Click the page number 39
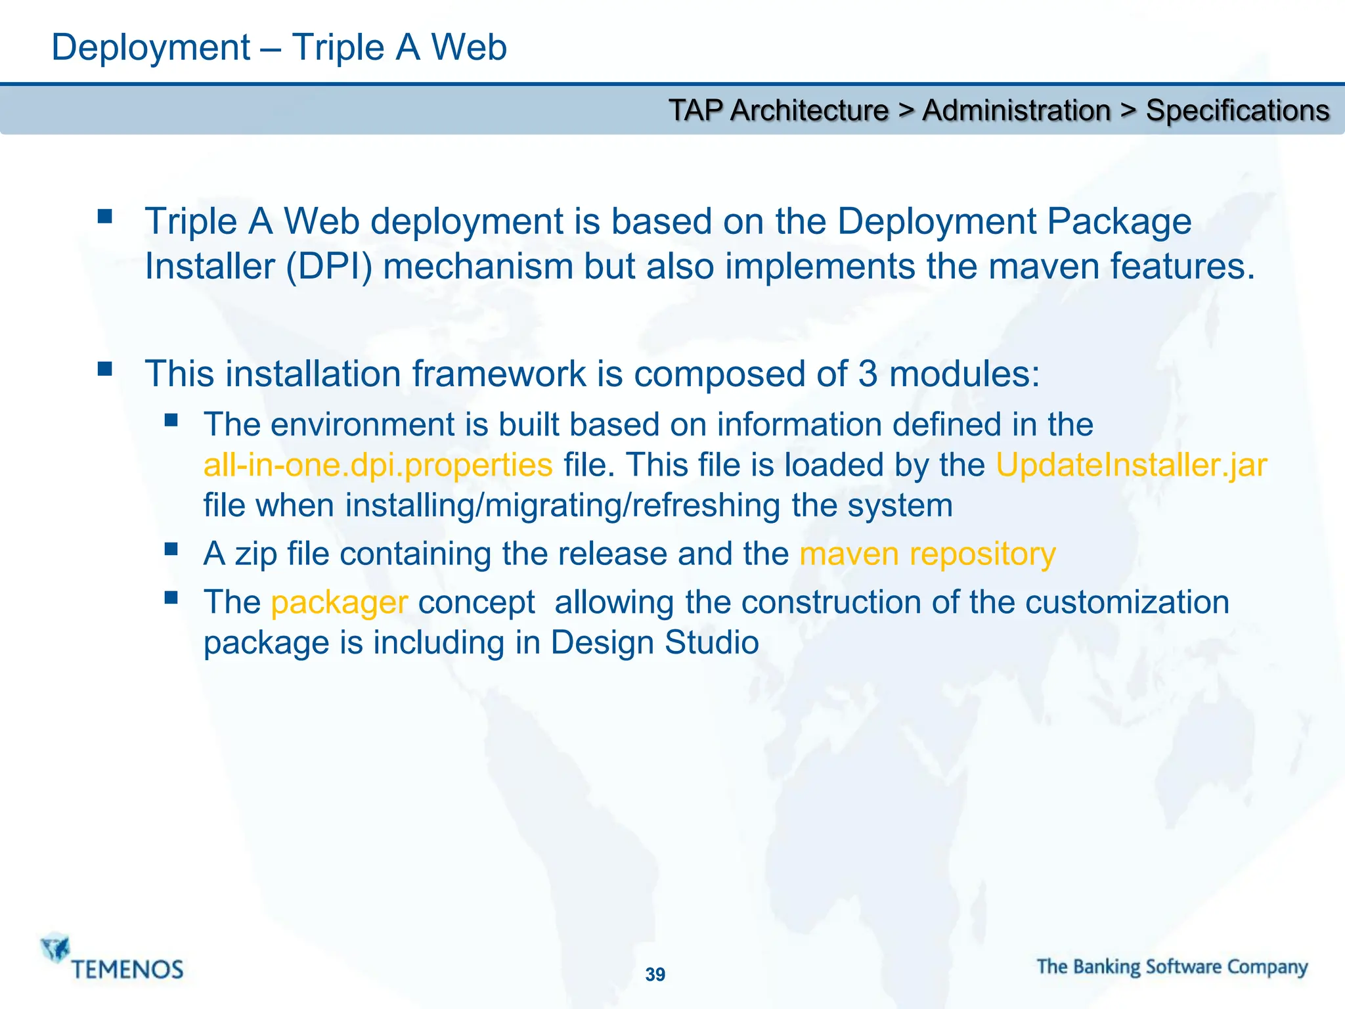tap(655, 974)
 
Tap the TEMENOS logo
tap(112, 958)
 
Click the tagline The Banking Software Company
tap(1172, 967)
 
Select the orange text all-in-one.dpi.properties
tap(378, 465)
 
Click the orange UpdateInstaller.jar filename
tap(1131, 465)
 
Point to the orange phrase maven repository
tap(927, 554)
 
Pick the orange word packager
tap(340, 602)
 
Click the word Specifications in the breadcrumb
tap(1237, 110)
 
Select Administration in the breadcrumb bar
tap(1016, 110)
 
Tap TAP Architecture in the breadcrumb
tap(778, 110)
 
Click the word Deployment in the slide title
tap(150, 48)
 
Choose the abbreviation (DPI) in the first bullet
tap(329, 267)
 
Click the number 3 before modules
tap(868, 374)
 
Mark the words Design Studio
tap(655, 642)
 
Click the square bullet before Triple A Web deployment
tap(105, 216)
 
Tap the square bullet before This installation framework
tap(105, 369)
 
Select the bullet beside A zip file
tap(171, 549)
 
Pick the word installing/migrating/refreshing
tap(563, 506)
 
